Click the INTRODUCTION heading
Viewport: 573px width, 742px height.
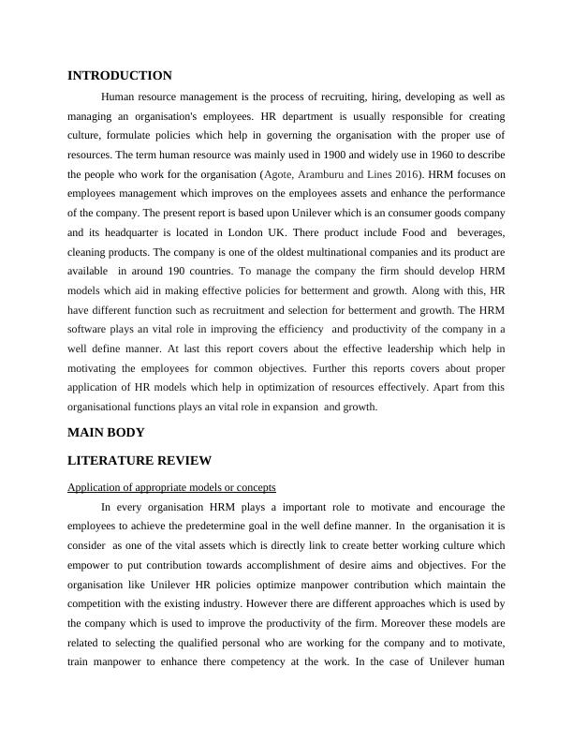pyautogui.click(x=120, y=75)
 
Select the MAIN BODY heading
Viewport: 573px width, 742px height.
pyautogui.click(x=106, y=433)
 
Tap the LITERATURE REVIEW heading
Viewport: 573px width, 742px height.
pyautogui.click(x=140, y=461)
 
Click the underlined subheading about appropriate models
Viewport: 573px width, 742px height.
pyautogui.click(x=171, y=487)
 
